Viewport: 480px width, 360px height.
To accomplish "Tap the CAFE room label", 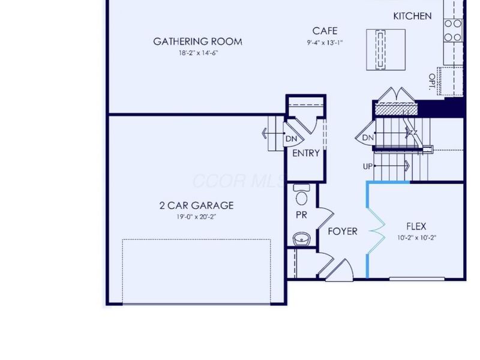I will (x=325, y=31).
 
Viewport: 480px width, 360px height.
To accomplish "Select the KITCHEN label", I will (x=412, y=16).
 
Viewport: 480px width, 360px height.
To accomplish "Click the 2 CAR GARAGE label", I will (x=196, y=205).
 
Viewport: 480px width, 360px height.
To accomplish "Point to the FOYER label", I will (x=343, y=231).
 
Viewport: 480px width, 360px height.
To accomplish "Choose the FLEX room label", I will (x=416, y=226).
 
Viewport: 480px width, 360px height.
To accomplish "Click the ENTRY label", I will (x=305, y=154).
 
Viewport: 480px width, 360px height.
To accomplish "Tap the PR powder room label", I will (x=301, y=215).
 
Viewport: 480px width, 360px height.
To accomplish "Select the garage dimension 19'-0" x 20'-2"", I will (x=196, y=217).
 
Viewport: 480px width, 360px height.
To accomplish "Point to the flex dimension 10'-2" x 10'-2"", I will (x=416, y=237).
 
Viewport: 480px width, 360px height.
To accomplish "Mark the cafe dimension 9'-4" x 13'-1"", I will (x=325, y=43).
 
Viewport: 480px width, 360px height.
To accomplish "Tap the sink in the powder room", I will (x=301, y=239).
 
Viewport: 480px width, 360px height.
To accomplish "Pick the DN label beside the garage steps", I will (x=291, y=139).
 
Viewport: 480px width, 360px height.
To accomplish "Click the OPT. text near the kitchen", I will (x=432, y=82).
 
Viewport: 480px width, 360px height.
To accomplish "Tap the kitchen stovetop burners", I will (x=454, y=31).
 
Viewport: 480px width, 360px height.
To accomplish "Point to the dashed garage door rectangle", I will (x=196, y=271).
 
